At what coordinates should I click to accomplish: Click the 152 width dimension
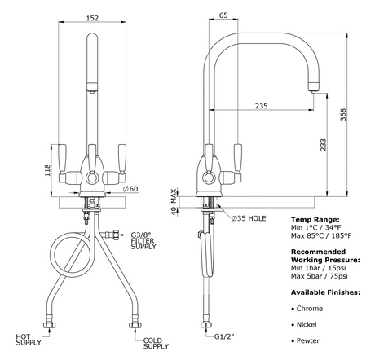(92, 18)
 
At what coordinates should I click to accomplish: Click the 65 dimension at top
(223, 15)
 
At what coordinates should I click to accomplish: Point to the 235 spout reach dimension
(261, 106)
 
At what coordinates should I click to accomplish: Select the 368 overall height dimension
(343, 115)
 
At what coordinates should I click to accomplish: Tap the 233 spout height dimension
(323, 145)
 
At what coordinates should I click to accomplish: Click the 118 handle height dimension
(47, 170)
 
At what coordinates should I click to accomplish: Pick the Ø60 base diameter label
(130, 189)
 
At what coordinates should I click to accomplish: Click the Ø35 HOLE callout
(249, 218)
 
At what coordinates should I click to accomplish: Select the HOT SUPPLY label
(29, 340)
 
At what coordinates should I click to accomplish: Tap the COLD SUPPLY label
(156, 343)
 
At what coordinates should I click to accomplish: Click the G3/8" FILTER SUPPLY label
(143, 240)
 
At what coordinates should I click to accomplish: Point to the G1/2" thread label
(224, 336)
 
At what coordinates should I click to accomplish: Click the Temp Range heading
(315, 219)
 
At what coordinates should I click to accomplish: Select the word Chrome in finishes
(310, 309)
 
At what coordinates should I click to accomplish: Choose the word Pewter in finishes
(308, 340)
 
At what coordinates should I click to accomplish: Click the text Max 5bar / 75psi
(320, 276)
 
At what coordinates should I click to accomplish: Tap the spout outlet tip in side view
(314, 92)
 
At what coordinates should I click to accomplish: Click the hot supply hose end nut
(50, 325)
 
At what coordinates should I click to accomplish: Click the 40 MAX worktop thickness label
(174, 201)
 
